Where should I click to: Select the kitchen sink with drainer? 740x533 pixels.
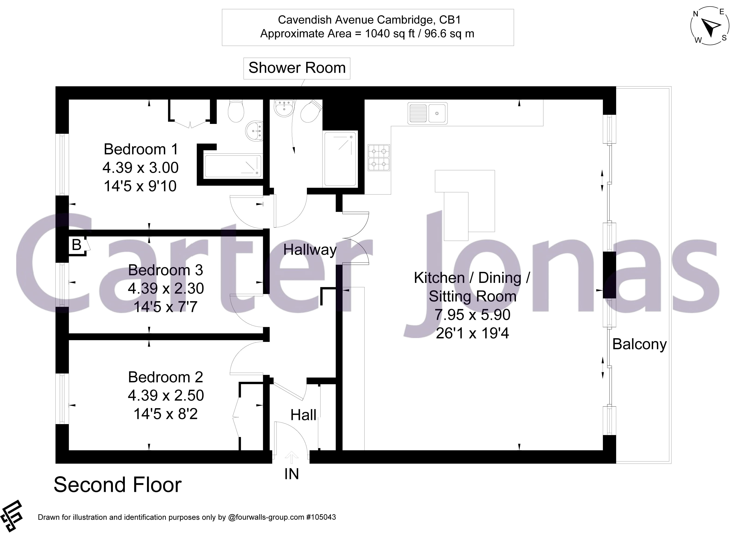pyautogui.click(x=427, y=114)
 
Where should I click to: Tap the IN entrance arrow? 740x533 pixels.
pyautogui.click(x=291, y=458)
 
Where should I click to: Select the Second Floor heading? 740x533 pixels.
pyautogui.click(x=117, y=485)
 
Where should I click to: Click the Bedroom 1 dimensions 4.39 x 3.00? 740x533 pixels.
pyautogui.click(x=140, y=168)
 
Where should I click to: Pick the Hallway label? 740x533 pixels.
pyautogui.click(x=310, y=250)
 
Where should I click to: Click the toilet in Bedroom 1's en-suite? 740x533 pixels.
pyautogui.click(x=236, y=111)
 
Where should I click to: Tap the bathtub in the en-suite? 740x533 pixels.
pyautogui.click(x=233, y=166)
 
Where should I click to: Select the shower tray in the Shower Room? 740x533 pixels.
pyautogui.click(x=340, y=159)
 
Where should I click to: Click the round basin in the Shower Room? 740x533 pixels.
pyautogui.click(x=285, y=108)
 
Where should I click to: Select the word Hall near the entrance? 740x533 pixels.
pyautogui.click(x=303, y=415)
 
